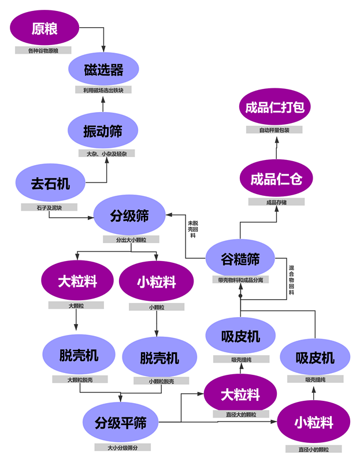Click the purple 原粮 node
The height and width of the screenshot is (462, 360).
[44, 29]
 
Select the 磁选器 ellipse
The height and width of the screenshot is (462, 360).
[103, 70]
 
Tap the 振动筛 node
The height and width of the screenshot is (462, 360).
[102, 131]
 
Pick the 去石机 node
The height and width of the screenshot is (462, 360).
[50, 184]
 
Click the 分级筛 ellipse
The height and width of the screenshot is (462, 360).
[129, 217]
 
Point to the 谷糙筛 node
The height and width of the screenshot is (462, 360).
[240, 259]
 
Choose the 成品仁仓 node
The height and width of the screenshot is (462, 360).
[276, 180]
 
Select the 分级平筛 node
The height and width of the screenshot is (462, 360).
[120, 423]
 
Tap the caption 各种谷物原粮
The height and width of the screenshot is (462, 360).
[43, 51]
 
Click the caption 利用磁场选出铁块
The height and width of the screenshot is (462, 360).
[103, 90]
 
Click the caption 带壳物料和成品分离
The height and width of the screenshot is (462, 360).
[240, 279]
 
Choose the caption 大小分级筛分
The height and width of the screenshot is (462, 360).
[120, 447]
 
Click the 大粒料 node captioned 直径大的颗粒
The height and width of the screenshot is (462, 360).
[240, 395]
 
